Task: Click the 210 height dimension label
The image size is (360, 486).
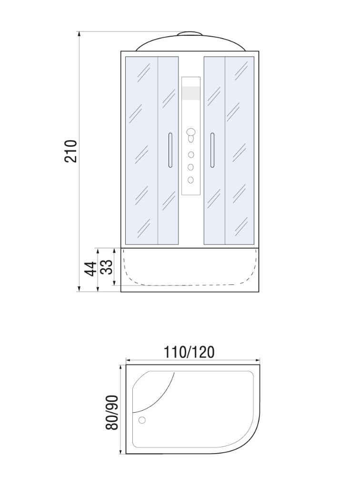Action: click(70, 151)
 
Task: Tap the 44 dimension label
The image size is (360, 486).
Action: click(91, 269)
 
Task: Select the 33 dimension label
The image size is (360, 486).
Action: click(107, 267)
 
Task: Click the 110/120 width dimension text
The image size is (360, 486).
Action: click(189, 352)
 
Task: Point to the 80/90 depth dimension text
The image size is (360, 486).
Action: click(112, 412)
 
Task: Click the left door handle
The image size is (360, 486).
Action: click(170, 150)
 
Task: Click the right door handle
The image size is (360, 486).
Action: click(212, 150)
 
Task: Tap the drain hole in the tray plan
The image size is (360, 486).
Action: click(142, 420)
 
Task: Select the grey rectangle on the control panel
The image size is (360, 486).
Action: click(191, 93)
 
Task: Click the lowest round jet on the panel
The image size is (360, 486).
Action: click(190, 180)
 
